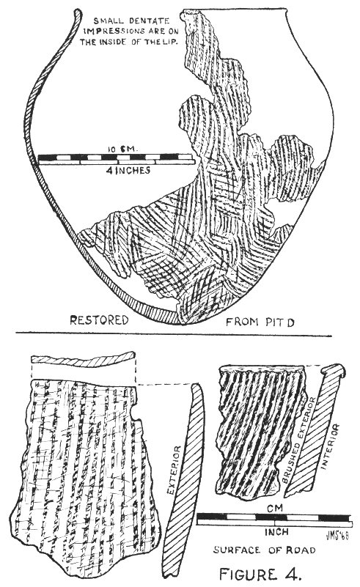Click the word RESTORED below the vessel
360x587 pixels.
pos(99,320)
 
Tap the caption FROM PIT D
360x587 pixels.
pos(260,322)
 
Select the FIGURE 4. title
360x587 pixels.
pos(260,574)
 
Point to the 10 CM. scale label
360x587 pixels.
pos(123,149)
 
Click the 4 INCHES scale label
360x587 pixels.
pos(128,170)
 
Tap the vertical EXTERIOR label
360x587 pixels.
pos(175,470)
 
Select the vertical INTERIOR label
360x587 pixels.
pos(331,446)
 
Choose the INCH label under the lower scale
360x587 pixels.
pos(276,531)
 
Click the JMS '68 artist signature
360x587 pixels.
pos(337,536)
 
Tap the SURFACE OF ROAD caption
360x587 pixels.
pos(264,550)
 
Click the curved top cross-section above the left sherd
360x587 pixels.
pos(83,359)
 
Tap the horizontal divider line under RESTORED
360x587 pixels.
pos(174,334)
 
